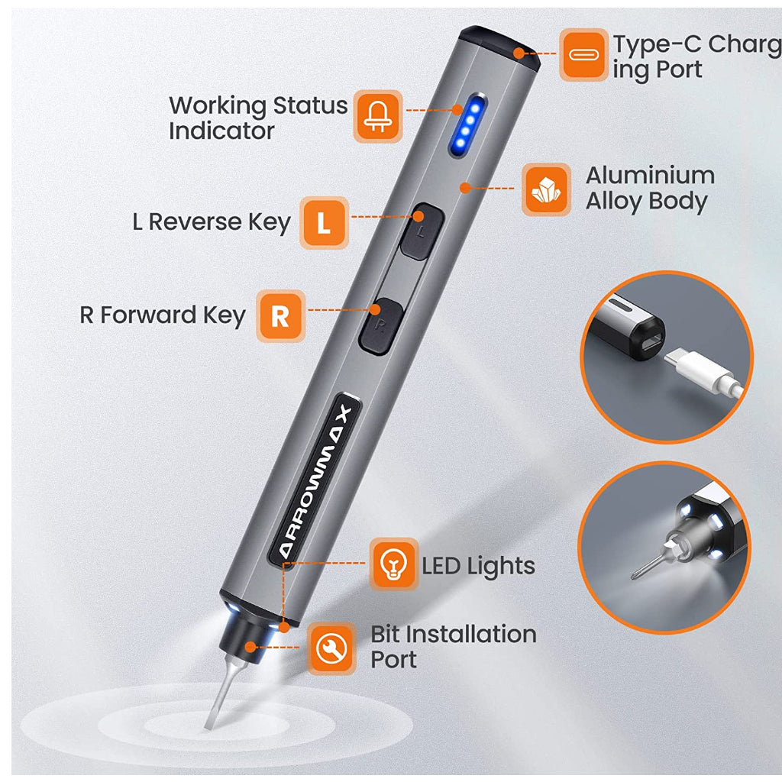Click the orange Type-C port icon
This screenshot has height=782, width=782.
pos(583,54)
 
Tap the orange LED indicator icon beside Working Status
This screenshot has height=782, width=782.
pos(377,116)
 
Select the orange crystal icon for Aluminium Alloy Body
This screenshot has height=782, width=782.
pos(546,189)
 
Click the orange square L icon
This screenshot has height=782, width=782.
pos(324,222)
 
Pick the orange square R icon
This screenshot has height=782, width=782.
pos(280,315)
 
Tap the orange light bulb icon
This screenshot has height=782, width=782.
pos(393,564)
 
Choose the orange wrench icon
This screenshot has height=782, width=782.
pos(331,648)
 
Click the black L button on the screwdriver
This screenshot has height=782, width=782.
pos(422,231)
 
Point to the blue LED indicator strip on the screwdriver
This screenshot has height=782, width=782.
pos(467,124)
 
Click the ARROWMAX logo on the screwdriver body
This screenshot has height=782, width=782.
pos(315,481)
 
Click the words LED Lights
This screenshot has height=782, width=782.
pos(478,566)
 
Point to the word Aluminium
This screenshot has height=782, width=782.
pos(650,176)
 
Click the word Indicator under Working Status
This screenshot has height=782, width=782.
pos(221,131)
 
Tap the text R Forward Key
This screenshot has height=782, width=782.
pos(163,315)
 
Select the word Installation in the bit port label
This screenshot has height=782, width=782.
pos(470,635)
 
